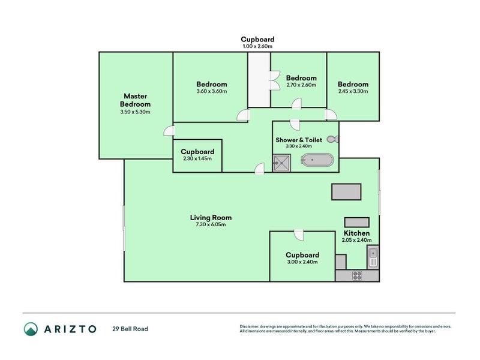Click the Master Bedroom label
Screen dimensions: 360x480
[135, 100]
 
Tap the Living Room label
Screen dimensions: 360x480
[211, 218]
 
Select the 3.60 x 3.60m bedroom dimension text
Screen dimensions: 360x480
[211, 91]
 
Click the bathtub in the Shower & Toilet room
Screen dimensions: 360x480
[316, 161]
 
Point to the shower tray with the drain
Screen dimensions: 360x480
[281, 163]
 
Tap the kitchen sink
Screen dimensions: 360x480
[373, 257]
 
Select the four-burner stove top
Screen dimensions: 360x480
[357, 276]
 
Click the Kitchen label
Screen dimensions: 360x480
[356, 233]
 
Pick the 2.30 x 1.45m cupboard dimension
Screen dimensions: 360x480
[197, 159]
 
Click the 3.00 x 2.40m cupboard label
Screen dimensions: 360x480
[302, 254]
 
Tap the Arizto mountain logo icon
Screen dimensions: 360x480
[31, 329]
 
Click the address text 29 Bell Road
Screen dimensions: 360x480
[130, 329]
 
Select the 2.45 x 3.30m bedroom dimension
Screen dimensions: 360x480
[353, 91]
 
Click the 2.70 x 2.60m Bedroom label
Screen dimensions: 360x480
[301, 78]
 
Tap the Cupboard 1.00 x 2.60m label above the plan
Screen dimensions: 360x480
[257, 40]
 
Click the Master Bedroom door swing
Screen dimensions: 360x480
[169, 131]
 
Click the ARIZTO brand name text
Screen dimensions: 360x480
[69, 329]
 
